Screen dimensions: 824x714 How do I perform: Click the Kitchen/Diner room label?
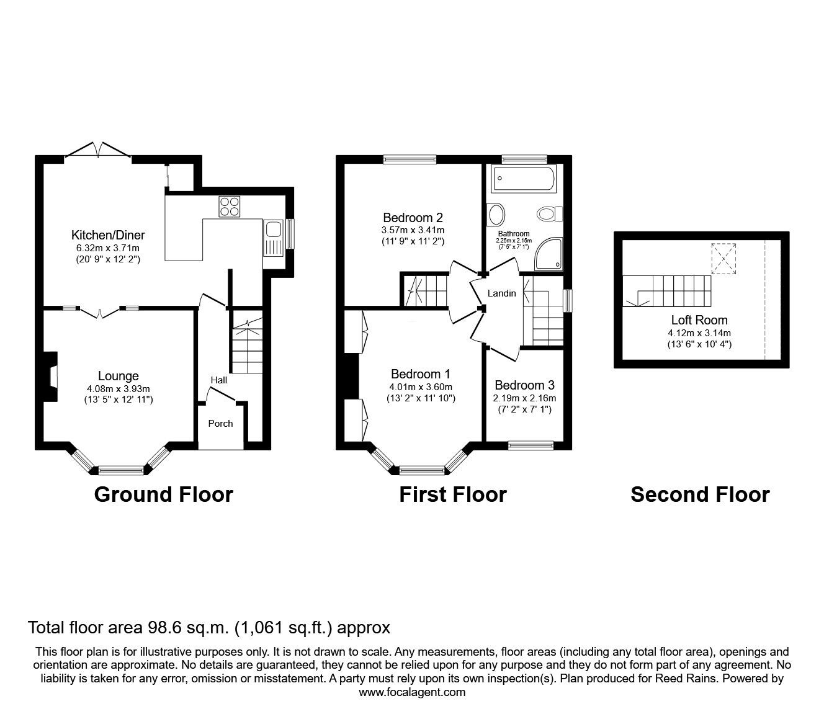pyautogui.click(x=107, y=235)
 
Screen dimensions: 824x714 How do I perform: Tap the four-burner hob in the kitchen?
pyautogui.click(x=229, y=207)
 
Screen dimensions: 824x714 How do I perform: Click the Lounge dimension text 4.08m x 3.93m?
pyautogui.click(x=119, y=389)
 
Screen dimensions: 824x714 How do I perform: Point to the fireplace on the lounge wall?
pyautogui.click(x=50, y=377)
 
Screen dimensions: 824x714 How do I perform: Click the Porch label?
pyautogui.click(x=220, y=424)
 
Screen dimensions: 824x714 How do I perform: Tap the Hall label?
pyautogui.click(x=219, y=380)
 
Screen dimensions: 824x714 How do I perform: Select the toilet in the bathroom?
pyautogui.click(x=550, y=214)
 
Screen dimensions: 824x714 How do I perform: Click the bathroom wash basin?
pyautogui.click(x=496, y=214)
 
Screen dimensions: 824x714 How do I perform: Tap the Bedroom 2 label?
pyautogui.click(x=413, y=218)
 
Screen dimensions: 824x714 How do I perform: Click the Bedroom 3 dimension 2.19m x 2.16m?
pyautogui.click(x=524, y=398)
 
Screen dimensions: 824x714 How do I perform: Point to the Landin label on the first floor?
pyautogui.click(x=502, y=293)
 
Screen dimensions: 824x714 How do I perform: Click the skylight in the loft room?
pyautogui.click(x=723, y=259)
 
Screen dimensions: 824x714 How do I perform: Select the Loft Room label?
pyautogui.click(x=700, y=319)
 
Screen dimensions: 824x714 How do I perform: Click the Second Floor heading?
pyautogui.click(x=700, y=495)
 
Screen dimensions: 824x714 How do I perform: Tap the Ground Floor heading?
pyautogui.click(x=163, y=495)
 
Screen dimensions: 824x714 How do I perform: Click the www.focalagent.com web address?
pyautogui.click(x=412, y=692)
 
